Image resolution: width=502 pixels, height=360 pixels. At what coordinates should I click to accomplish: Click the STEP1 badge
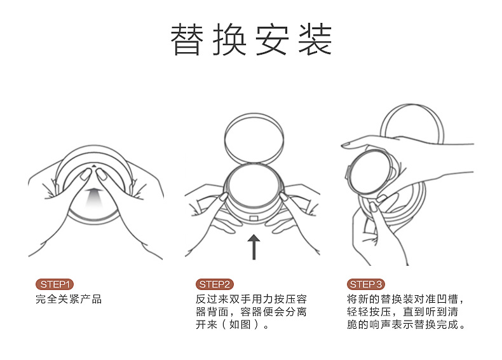55,284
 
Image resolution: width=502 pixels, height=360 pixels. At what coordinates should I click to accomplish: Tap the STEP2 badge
215,284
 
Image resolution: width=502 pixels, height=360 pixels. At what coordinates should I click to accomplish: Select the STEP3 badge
365,284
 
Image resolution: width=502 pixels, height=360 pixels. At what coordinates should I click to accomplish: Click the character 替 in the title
187,39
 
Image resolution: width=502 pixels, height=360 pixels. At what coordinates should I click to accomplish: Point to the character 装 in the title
315,39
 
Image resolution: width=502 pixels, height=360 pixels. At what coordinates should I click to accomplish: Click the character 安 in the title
272,39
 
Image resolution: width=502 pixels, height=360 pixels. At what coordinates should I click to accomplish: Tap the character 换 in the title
229,39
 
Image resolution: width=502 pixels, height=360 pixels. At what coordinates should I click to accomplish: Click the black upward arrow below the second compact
254,247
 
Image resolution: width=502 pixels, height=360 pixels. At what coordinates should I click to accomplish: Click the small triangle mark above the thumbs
93,166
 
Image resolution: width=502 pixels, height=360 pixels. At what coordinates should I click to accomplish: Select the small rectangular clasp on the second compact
254,218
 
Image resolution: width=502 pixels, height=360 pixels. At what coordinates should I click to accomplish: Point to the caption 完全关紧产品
69,299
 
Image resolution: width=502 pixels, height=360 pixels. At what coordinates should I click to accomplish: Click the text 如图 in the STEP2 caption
240,324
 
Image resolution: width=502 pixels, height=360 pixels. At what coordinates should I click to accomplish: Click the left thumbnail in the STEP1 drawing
86,175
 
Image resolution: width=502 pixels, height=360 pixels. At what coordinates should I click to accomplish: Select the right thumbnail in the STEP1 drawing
101,174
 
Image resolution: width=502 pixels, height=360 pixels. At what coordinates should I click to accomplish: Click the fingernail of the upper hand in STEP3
346,146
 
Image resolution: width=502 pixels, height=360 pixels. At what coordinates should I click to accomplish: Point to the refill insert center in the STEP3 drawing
370,172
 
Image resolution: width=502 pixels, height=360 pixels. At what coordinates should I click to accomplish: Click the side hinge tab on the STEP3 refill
348,172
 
